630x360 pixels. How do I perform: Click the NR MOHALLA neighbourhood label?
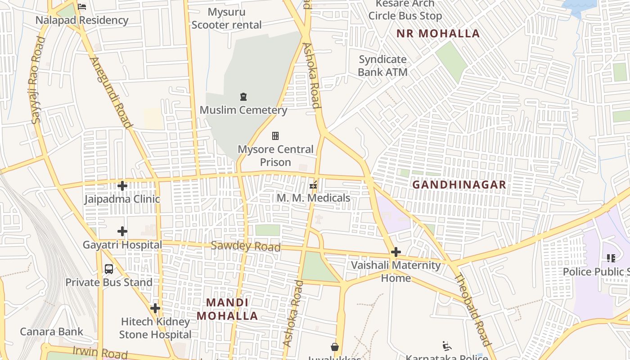tap(438, 34)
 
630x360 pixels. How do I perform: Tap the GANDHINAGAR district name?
tap(459, 185)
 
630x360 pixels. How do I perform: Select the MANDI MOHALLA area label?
tap(227, 309)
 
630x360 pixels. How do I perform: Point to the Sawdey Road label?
tap(246, 246)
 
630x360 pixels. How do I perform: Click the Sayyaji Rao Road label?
tap(38, 80)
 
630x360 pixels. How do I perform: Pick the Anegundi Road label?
tap(111, 93)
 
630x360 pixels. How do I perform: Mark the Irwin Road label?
tap(100, 353)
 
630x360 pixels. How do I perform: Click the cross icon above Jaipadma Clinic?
tap(122, 185)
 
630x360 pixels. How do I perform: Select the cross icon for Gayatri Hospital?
tap(122, 231)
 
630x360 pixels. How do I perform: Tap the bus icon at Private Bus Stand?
tap(109, 269)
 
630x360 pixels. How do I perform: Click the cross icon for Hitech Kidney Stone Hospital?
tap(155, 308)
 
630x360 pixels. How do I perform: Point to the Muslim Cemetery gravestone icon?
tap(243, 97)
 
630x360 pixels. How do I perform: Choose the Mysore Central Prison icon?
tap(275, 136)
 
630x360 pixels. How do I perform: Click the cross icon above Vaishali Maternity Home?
tap(396, 252)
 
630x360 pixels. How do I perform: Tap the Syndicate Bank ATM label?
tap(382, 66)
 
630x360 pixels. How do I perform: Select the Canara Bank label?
tap(51, 332)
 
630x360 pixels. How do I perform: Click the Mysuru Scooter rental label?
tap(226, 18)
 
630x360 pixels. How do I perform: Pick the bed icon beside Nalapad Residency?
tap(82, 7)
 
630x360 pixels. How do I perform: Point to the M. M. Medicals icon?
tap(314, 184)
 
